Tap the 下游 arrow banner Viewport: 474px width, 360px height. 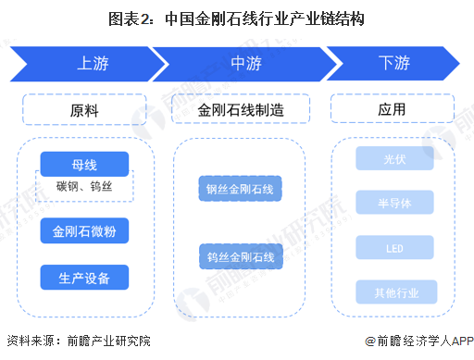(393, 65)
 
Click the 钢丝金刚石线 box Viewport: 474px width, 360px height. (240, 190)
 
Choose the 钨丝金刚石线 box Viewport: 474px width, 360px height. (240, 255)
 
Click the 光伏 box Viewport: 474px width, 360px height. (395, 159)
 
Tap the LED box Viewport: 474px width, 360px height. (395, 248)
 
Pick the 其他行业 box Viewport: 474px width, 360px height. (395, 292)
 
